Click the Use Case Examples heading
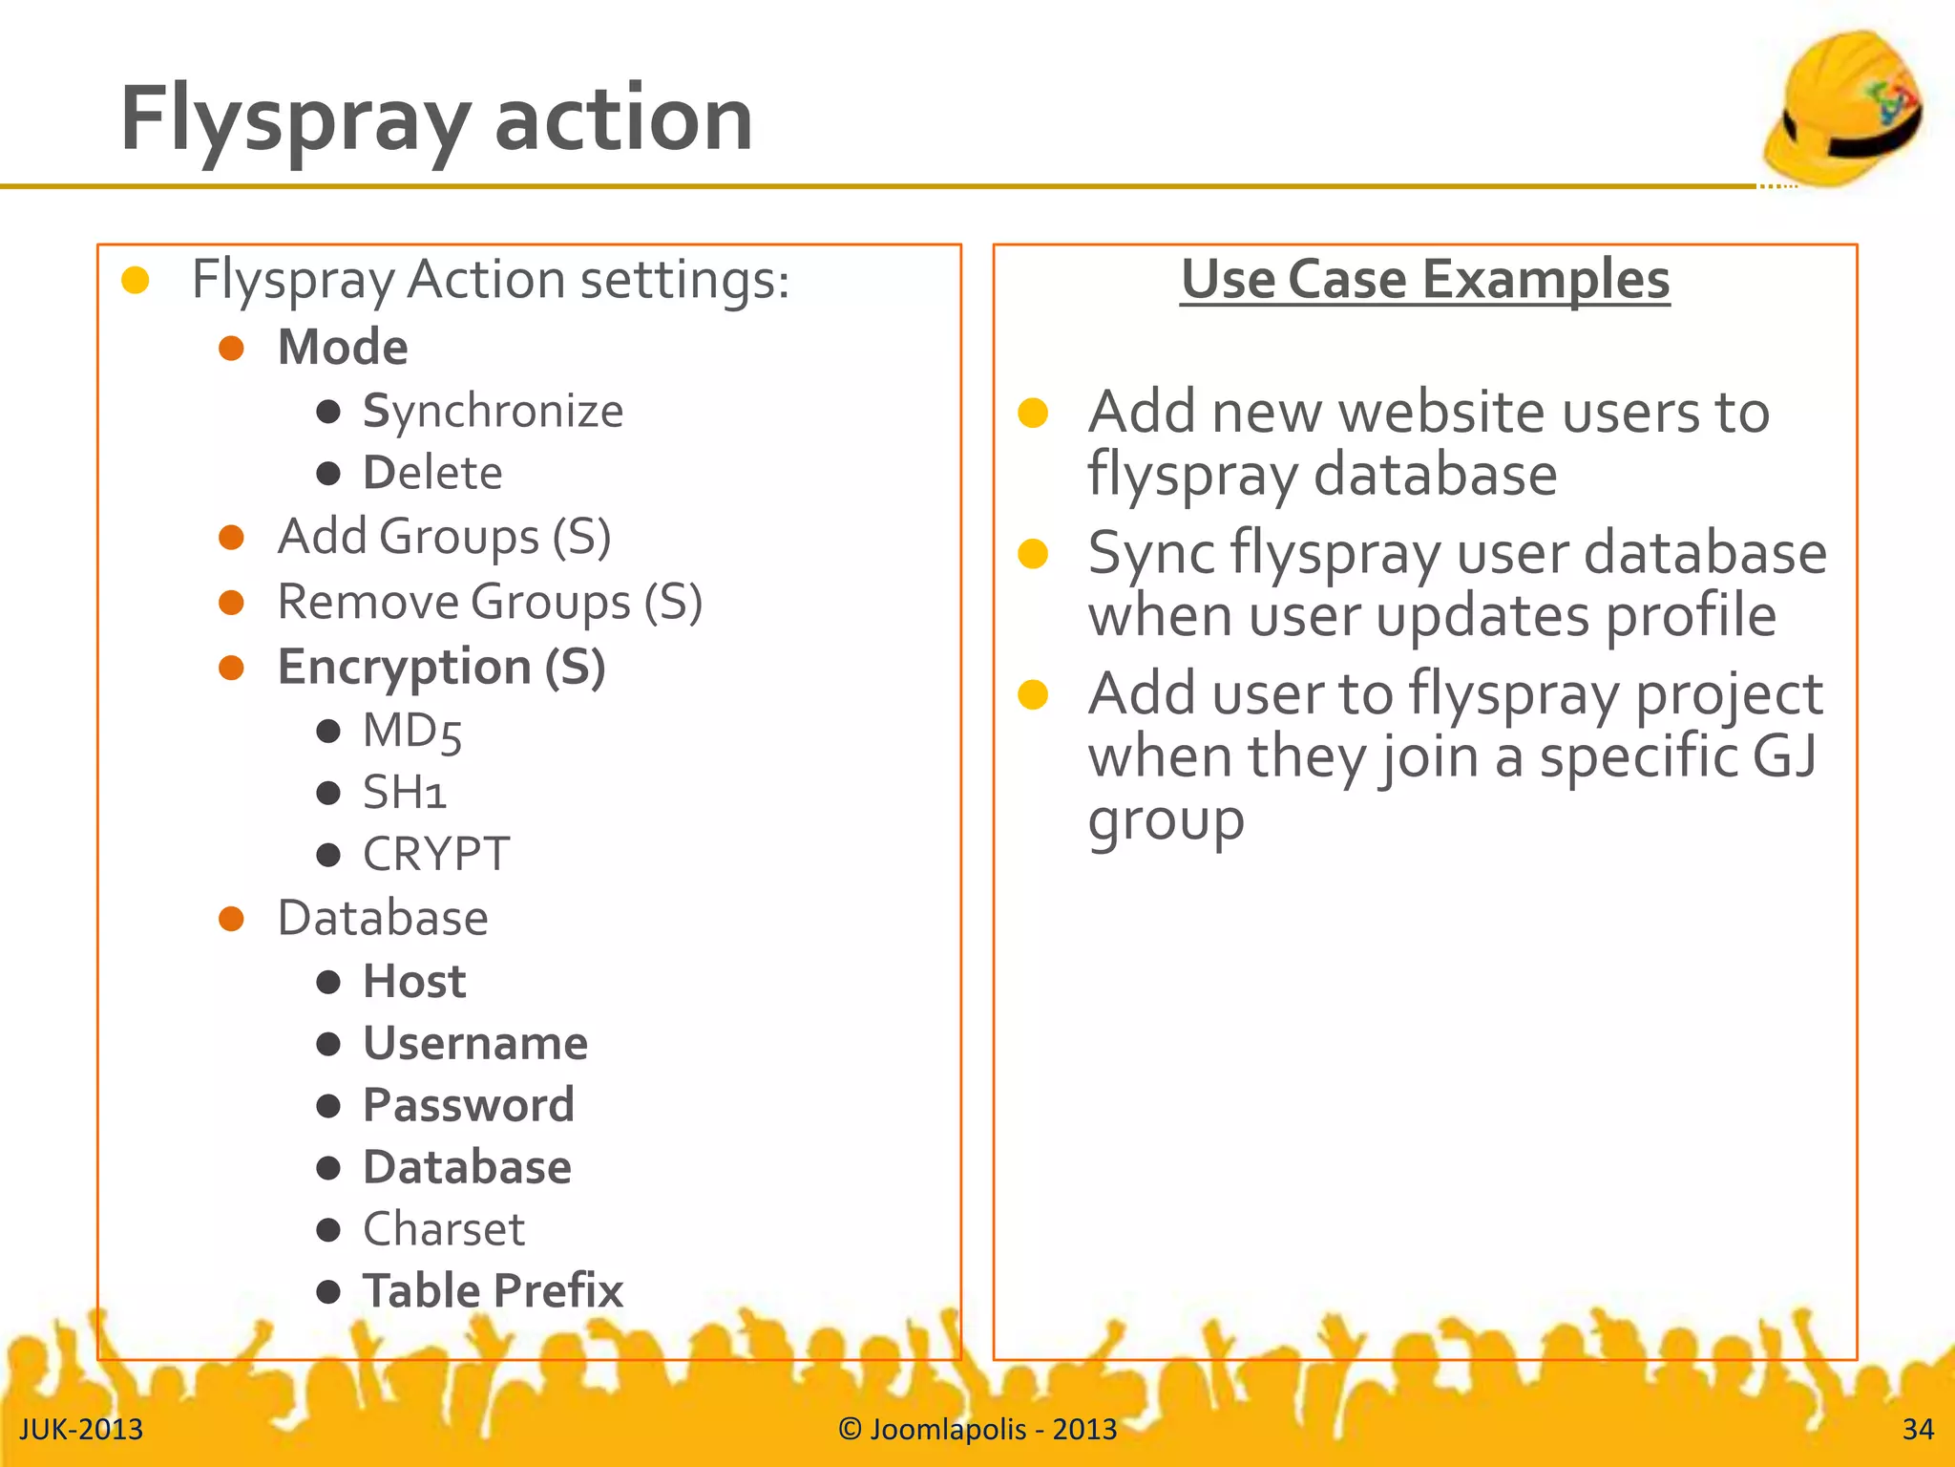point(1424,280)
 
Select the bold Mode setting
point(343,347)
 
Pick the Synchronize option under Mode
point(493,412)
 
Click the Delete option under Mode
point(432,473)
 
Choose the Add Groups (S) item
point(444,537)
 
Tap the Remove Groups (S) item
point(490,603)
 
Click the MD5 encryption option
point(412,732)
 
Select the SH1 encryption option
point(405,793)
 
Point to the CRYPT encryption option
point(436,854)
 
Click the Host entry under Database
point(414,982)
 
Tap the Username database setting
point(475,1043)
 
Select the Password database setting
point(469,1105)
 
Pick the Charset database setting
point(444,1229)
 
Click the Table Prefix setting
point(493,1291)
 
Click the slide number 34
point(1917,1430)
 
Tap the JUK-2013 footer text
point(81,1430)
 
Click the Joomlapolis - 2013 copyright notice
point(977,1430)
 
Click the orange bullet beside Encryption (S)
point(231,668)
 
